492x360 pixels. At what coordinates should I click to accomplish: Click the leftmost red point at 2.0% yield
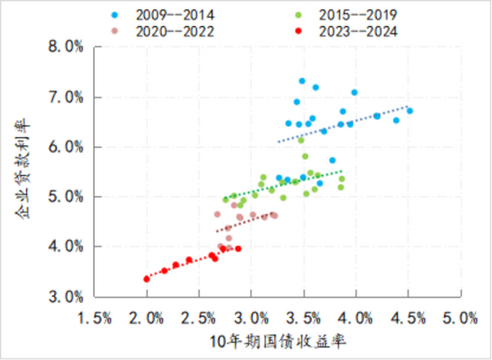click(x=147, y=279)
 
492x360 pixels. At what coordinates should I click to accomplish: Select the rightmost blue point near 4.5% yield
click(x=409, y=111)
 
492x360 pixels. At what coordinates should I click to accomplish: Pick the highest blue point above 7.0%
click(x=302, y=81)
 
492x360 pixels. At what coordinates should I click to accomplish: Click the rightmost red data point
click(x=238, y=249)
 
